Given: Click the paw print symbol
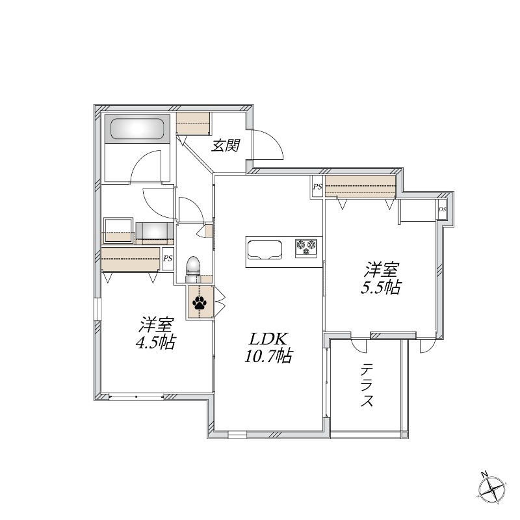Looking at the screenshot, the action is [199, 303].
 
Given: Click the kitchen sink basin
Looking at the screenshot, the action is [265, 249].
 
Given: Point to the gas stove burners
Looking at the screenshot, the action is [306, 248].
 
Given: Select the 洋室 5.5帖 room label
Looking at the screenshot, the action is [381, 278].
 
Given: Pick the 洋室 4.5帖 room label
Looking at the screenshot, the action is [156, 333].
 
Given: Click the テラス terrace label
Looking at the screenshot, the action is [367, 385].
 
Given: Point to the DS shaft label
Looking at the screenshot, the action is [443, 209].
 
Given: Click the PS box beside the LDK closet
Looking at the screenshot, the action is [317, 187].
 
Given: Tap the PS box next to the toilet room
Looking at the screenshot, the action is [168, 259].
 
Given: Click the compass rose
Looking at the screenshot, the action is [493, 489].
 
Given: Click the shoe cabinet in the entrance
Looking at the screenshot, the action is [193, 123].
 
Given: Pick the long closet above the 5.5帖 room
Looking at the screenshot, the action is [361, 186].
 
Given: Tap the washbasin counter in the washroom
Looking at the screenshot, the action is [155, 233].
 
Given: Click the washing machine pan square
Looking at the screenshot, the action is [118, 230].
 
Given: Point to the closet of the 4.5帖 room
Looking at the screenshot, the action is [131, 259].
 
